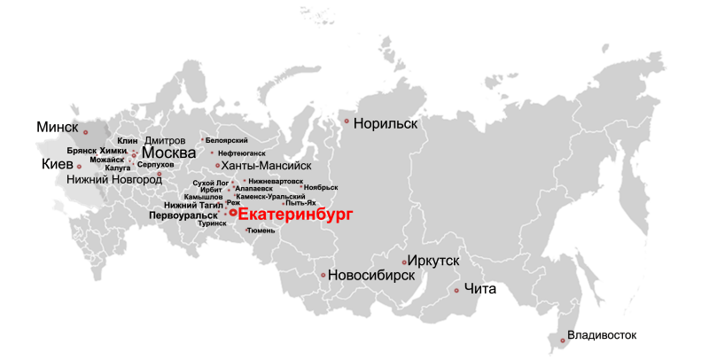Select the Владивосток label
[602, 335]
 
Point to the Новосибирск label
[371, 276]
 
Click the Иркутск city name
[434, 261]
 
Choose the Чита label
[480, 289]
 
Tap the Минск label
[58, 127]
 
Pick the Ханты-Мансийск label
[266, 165]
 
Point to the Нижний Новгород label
[114, 179]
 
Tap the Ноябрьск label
[321, 187]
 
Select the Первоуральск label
[183, 215]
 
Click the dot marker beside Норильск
[347, 121]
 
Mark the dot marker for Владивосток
[562, 340]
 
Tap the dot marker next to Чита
[456, 291]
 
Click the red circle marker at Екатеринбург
[232, 213]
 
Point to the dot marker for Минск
[86, 132]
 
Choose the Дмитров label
[165, 141]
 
